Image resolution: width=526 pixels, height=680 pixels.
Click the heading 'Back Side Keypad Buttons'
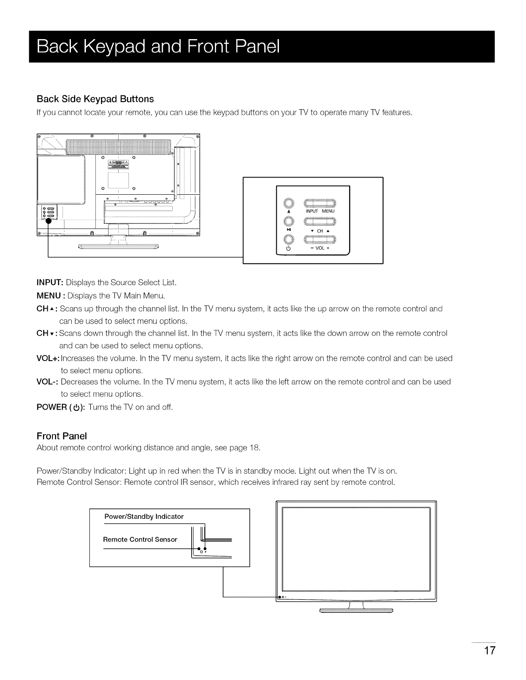pos(95,99)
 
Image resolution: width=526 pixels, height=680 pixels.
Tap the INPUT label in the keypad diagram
pos(312,211)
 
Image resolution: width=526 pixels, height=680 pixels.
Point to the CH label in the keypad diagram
pos(319,231)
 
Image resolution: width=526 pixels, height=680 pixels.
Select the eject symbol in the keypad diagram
pos(289,211)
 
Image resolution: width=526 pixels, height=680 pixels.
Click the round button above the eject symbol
pos(289,203)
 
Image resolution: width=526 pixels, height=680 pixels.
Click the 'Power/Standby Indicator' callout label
pos(144,516)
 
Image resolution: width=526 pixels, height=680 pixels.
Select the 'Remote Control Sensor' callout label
pos(140,539)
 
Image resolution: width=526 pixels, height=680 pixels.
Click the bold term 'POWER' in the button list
pos(52,407)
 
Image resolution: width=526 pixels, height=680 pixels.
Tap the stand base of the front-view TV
pos(357,610)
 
